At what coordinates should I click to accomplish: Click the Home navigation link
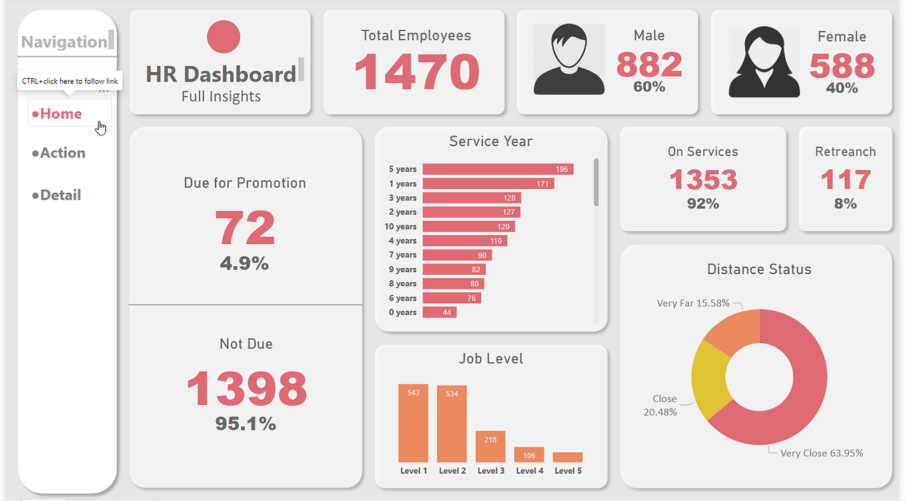(x=61, y=114)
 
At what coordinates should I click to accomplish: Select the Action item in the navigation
(x=62, y=153)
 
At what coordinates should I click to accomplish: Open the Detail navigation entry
(x=60, y=195)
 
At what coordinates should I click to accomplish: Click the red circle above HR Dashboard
(x=223, y=37)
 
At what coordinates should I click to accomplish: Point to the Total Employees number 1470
(x=416, y=71)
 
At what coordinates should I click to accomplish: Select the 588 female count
(x=841, y=66)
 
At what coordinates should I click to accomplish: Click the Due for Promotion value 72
(x=244, y=229)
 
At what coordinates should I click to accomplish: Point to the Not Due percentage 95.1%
(x=245, y=424)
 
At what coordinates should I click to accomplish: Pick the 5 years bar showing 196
(x=498, y=169)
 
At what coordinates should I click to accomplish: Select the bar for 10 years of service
(x=468, y=227)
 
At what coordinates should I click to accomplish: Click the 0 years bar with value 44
(x=439, y=312)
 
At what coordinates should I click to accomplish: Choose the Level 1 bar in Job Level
(x=413, y=423)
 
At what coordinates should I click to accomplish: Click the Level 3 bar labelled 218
(x=490, y=446)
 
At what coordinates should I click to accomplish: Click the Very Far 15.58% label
(x=693, y=303)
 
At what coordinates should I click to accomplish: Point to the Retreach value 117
(x=845, y=180)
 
